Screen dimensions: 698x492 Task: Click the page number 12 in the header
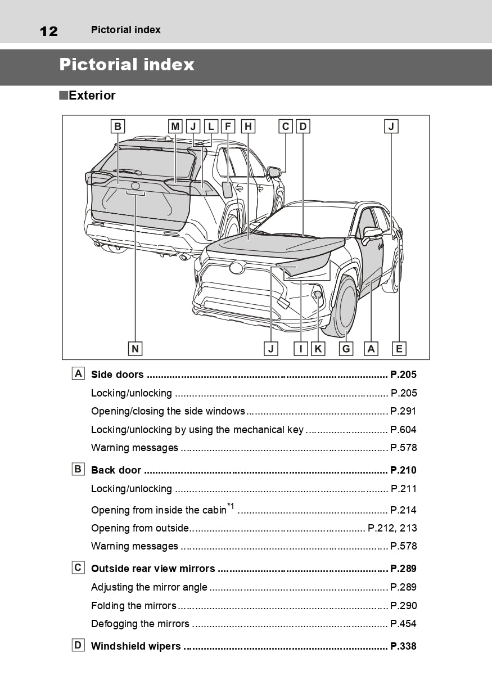(48, 31)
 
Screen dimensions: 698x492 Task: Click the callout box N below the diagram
(135, 349)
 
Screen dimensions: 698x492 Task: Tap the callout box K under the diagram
(318, 349)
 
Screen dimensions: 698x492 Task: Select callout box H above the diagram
(247, 127)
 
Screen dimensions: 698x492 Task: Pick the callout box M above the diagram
(175, 127)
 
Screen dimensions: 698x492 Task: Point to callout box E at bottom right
(399, 349)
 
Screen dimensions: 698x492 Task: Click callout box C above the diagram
(286, 127)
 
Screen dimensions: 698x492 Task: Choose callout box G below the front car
(346, 349)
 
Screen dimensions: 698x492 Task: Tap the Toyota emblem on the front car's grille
(237, 268)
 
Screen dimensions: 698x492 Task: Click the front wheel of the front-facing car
(345, 307)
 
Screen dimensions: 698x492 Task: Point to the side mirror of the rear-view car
(274, 172)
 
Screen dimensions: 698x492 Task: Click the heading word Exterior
(92, 96)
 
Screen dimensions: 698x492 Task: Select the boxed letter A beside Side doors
(78, 373)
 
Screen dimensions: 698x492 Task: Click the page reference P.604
(403, 430)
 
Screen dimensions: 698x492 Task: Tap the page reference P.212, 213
(392, 528)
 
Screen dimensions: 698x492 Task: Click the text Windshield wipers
(136, 646)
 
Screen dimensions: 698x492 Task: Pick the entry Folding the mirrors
(134, 606)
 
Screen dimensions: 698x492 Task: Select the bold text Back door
(116, 470)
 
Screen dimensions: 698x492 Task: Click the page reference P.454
(403, 624)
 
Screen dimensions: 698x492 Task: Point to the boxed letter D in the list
(78, 645)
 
